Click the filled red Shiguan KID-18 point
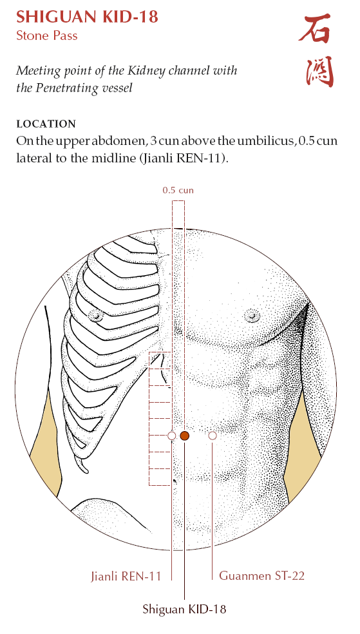pos(185,436)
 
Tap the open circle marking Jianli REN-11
pos(172,436)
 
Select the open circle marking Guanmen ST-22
pos(213,436)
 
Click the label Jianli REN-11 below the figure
pos(126,576)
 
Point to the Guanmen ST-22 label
pos(262,575)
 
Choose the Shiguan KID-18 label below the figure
pos(185,609)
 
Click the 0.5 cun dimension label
pos(178,189)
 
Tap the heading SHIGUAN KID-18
pos(88,17)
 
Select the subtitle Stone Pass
pos(47,35)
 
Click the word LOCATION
pos(46,124)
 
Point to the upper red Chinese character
pos(315,28)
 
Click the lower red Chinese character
pos(319,72)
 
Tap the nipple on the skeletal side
pos(96,315)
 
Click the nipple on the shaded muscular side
pos(252,315)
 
